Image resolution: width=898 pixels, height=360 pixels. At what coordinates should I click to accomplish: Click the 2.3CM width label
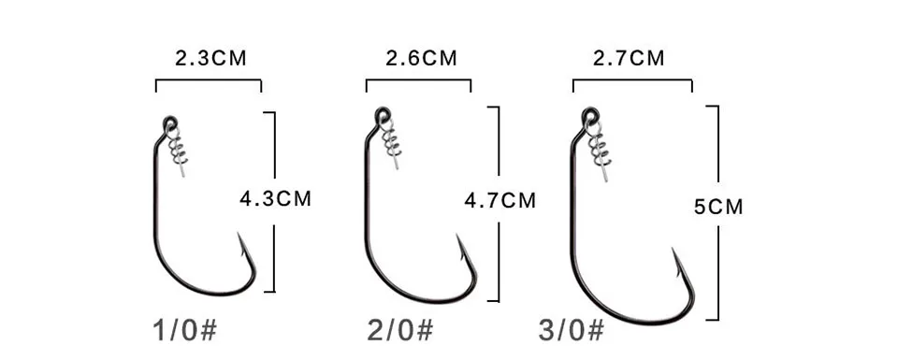[210, 58]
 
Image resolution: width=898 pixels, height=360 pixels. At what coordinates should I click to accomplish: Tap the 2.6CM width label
[421, 58]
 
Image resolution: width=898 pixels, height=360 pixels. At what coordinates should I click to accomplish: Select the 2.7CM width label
[629, 58]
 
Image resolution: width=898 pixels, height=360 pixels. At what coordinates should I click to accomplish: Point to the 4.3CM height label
[275, 198]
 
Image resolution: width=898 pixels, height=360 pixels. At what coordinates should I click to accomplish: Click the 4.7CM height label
[500, 200]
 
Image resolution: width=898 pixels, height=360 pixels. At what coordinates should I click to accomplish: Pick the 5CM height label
[718, 207]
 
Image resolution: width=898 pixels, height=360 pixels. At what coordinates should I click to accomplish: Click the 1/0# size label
[185, 330]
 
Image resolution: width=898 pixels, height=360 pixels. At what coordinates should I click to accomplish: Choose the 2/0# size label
[400, 330]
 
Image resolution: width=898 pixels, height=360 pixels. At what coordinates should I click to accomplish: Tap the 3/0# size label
[571, 330]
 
